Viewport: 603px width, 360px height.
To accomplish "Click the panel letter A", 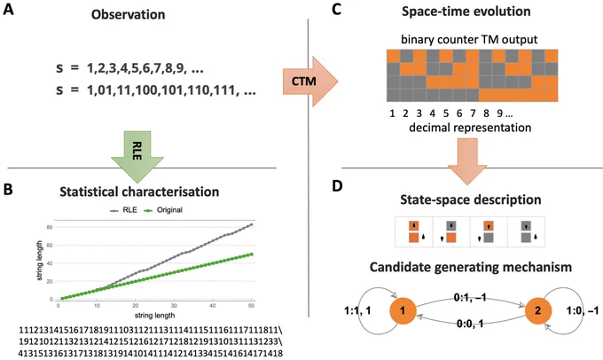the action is [8, 9].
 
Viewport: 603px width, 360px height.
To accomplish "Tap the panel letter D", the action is [337, 186].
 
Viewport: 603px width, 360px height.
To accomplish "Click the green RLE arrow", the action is [137, 157].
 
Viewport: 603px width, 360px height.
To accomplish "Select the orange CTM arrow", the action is [310, 82].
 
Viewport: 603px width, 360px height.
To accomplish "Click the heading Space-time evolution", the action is [466, 12].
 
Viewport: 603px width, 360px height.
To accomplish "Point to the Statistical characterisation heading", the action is [139, 192].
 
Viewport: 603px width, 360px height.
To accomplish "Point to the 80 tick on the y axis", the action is [50, 227].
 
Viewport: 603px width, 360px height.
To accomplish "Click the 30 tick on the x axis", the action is [174, 306].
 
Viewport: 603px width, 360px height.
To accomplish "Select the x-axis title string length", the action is [154, 316].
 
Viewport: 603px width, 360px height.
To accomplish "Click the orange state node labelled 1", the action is [403, 310].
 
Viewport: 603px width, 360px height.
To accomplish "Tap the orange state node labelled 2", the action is [538, 310].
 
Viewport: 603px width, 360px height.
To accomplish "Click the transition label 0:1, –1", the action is [470, 297].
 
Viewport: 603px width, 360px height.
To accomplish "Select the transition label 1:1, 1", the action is [357, 310].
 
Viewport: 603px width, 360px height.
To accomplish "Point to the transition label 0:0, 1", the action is [470, 325].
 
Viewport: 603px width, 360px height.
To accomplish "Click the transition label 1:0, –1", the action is [583, 310].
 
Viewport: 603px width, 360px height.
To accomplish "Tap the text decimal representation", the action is [470, 128].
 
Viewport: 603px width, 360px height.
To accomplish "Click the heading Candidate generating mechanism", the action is [471, 267].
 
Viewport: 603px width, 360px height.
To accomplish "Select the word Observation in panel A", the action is [128, 14].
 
